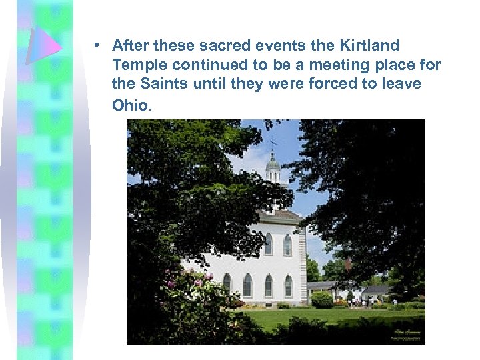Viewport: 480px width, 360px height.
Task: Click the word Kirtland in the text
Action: (x=369, y=46)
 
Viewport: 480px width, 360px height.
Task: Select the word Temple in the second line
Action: (x=136, y=65)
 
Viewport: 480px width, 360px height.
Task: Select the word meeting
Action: (x=328, y=65)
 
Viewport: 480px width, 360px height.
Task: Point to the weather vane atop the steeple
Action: (x=273, y=143)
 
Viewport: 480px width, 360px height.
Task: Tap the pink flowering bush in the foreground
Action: (x=193, y=287)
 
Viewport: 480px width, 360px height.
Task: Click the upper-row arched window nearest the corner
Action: (x=287, y=245)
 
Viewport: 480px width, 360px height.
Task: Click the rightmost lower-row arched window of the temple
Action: (x=287, y=285)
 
